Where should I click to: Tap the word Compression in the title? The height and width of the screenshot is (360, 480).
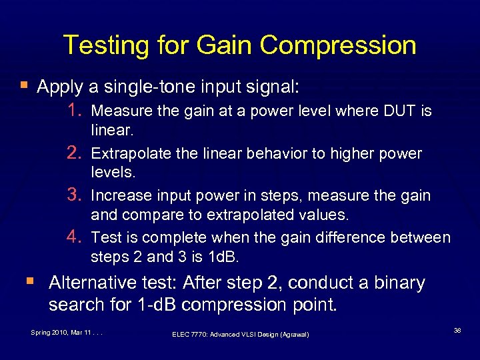coord(338,46)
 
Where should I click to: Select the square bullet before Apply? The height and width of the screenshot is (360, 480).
coord(24,86)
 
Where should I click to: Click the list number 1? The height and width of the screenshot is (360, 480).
coord(75,110)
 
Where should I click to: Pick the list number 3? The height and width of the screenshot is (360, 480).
coord(75,195)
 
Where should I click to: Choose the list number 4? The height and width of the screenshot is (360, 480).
coord(75,237)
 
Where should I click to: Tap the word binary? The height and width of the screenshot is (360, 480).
coord(398,283)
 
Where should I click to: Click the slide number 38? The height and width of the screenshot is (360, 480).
coord(457,329)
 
